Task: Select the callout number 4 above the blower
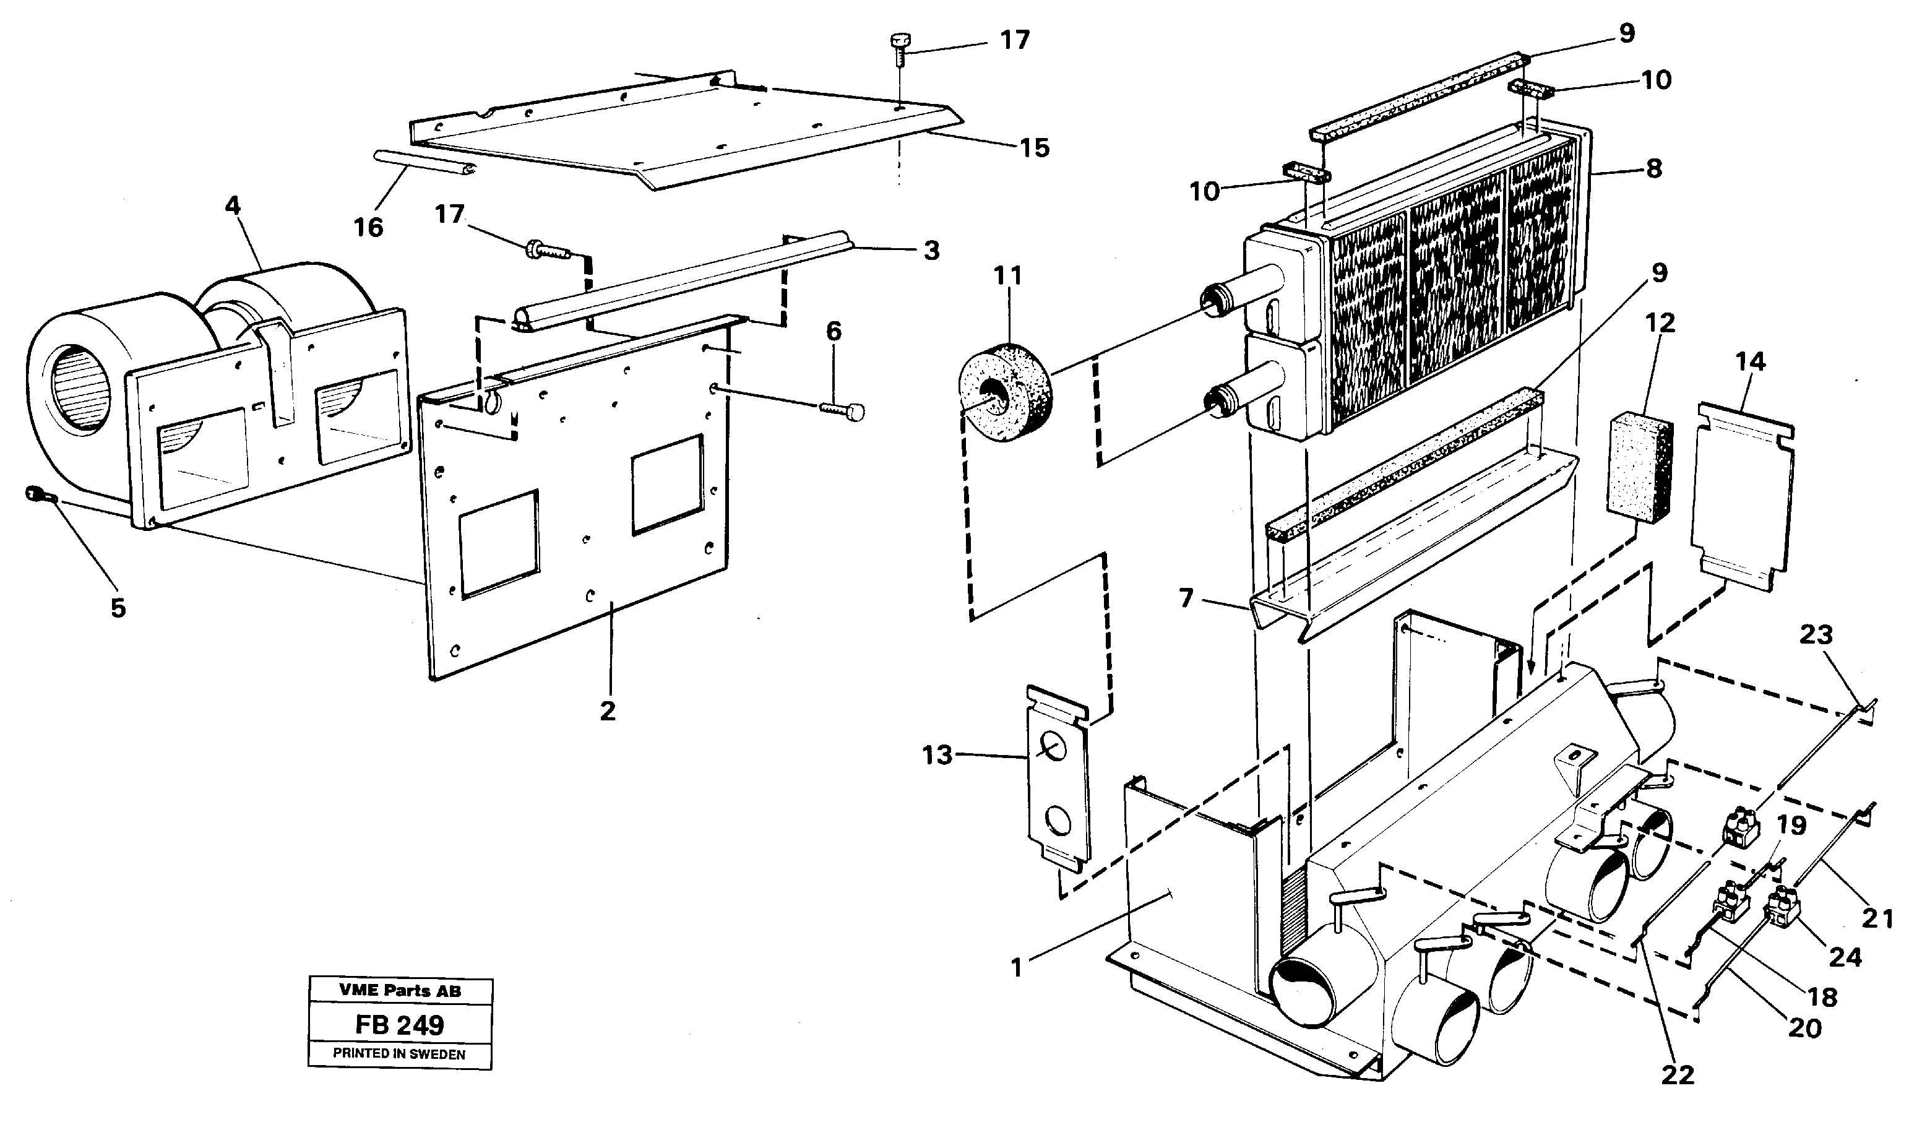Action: (233, 207)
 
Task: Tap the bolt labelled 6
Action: (842, 410)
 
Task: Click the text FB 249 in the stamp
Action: (399, 1025)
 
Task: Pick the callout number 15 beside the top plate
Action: (1034, 148)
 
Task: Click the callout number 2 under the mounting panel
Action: (608, 710)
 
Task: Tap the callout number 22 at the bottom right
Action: (1677, 1075)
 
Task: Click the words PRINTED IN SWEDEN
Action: (399, 1054)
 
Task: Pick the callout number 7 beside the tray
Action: (1186, 598)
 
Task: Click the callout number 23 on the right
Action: (1815, 635)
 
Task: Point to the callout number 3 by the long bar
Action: (931, 251)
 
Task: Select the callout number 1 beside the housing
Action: (1017, 967)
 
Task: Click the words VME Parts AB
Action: (399, 990)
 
